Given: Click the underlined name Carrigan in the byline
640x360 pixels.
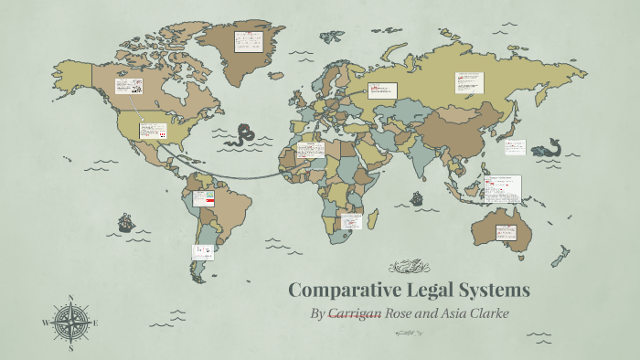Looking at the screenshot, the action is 355,315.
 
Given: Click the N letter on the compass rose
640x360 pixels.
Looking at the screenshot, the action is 70,298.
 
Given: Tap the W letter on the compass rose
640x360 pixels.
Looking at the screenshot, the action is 46,323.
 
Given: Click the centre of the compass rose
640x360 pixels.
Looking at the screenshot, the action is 70,323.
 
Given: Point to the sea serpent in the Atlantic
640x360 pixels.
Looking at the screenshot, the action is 244,135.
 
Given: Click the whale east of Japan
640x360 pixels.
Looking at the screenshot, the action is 547,147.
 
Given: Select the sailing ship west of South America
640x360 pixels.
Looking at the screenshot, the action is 125,222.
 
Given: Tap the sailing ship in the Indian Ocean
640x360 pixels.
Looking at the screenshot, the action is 416,197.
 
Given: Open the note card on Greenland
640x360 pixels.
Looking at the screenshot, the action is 245,41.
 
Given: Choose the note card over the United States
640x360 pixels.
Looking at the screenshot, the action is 153,131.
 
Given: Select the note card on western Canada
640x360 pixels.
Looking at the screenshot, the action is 127,86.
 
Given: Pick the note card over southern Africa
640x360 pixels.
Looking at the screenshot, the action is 350,221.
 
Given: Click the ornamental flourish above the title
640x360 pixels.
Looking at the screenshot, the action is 408,267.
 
